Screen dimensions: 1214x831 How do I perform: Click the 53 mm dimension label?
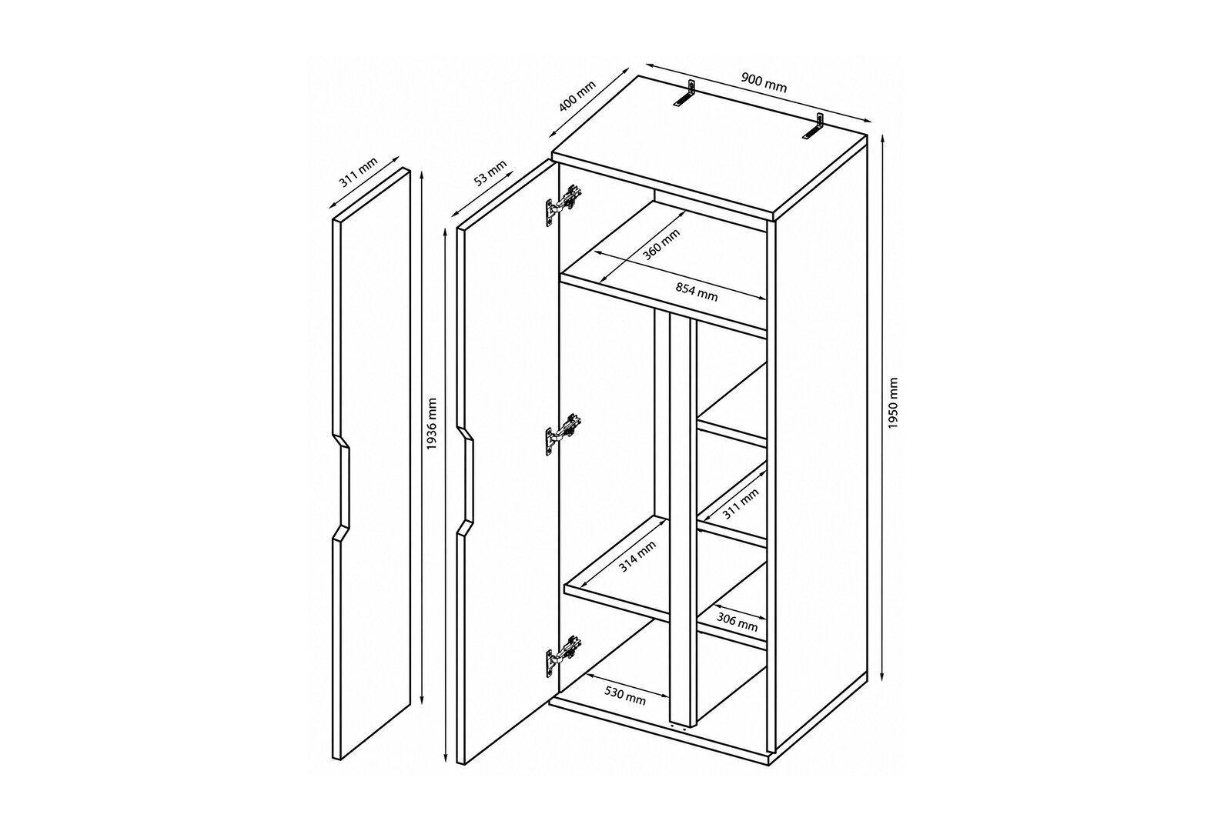pos(490,173)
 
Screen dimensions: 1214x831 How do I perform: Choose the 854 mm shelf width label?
pos(697,292)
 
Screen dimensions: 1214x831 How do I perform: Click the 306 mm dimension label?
pos(737,622)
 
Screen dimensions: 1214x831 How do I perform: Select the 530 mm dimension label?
pos(625,696)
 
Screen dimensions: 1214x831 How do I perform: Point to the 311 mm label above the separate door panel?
pos(358,173)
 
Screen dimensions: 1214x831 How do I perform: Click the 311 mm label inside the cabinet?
pos(741,504)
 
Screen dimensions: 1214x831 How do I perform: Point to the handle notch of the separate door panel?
pos(342,487)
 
